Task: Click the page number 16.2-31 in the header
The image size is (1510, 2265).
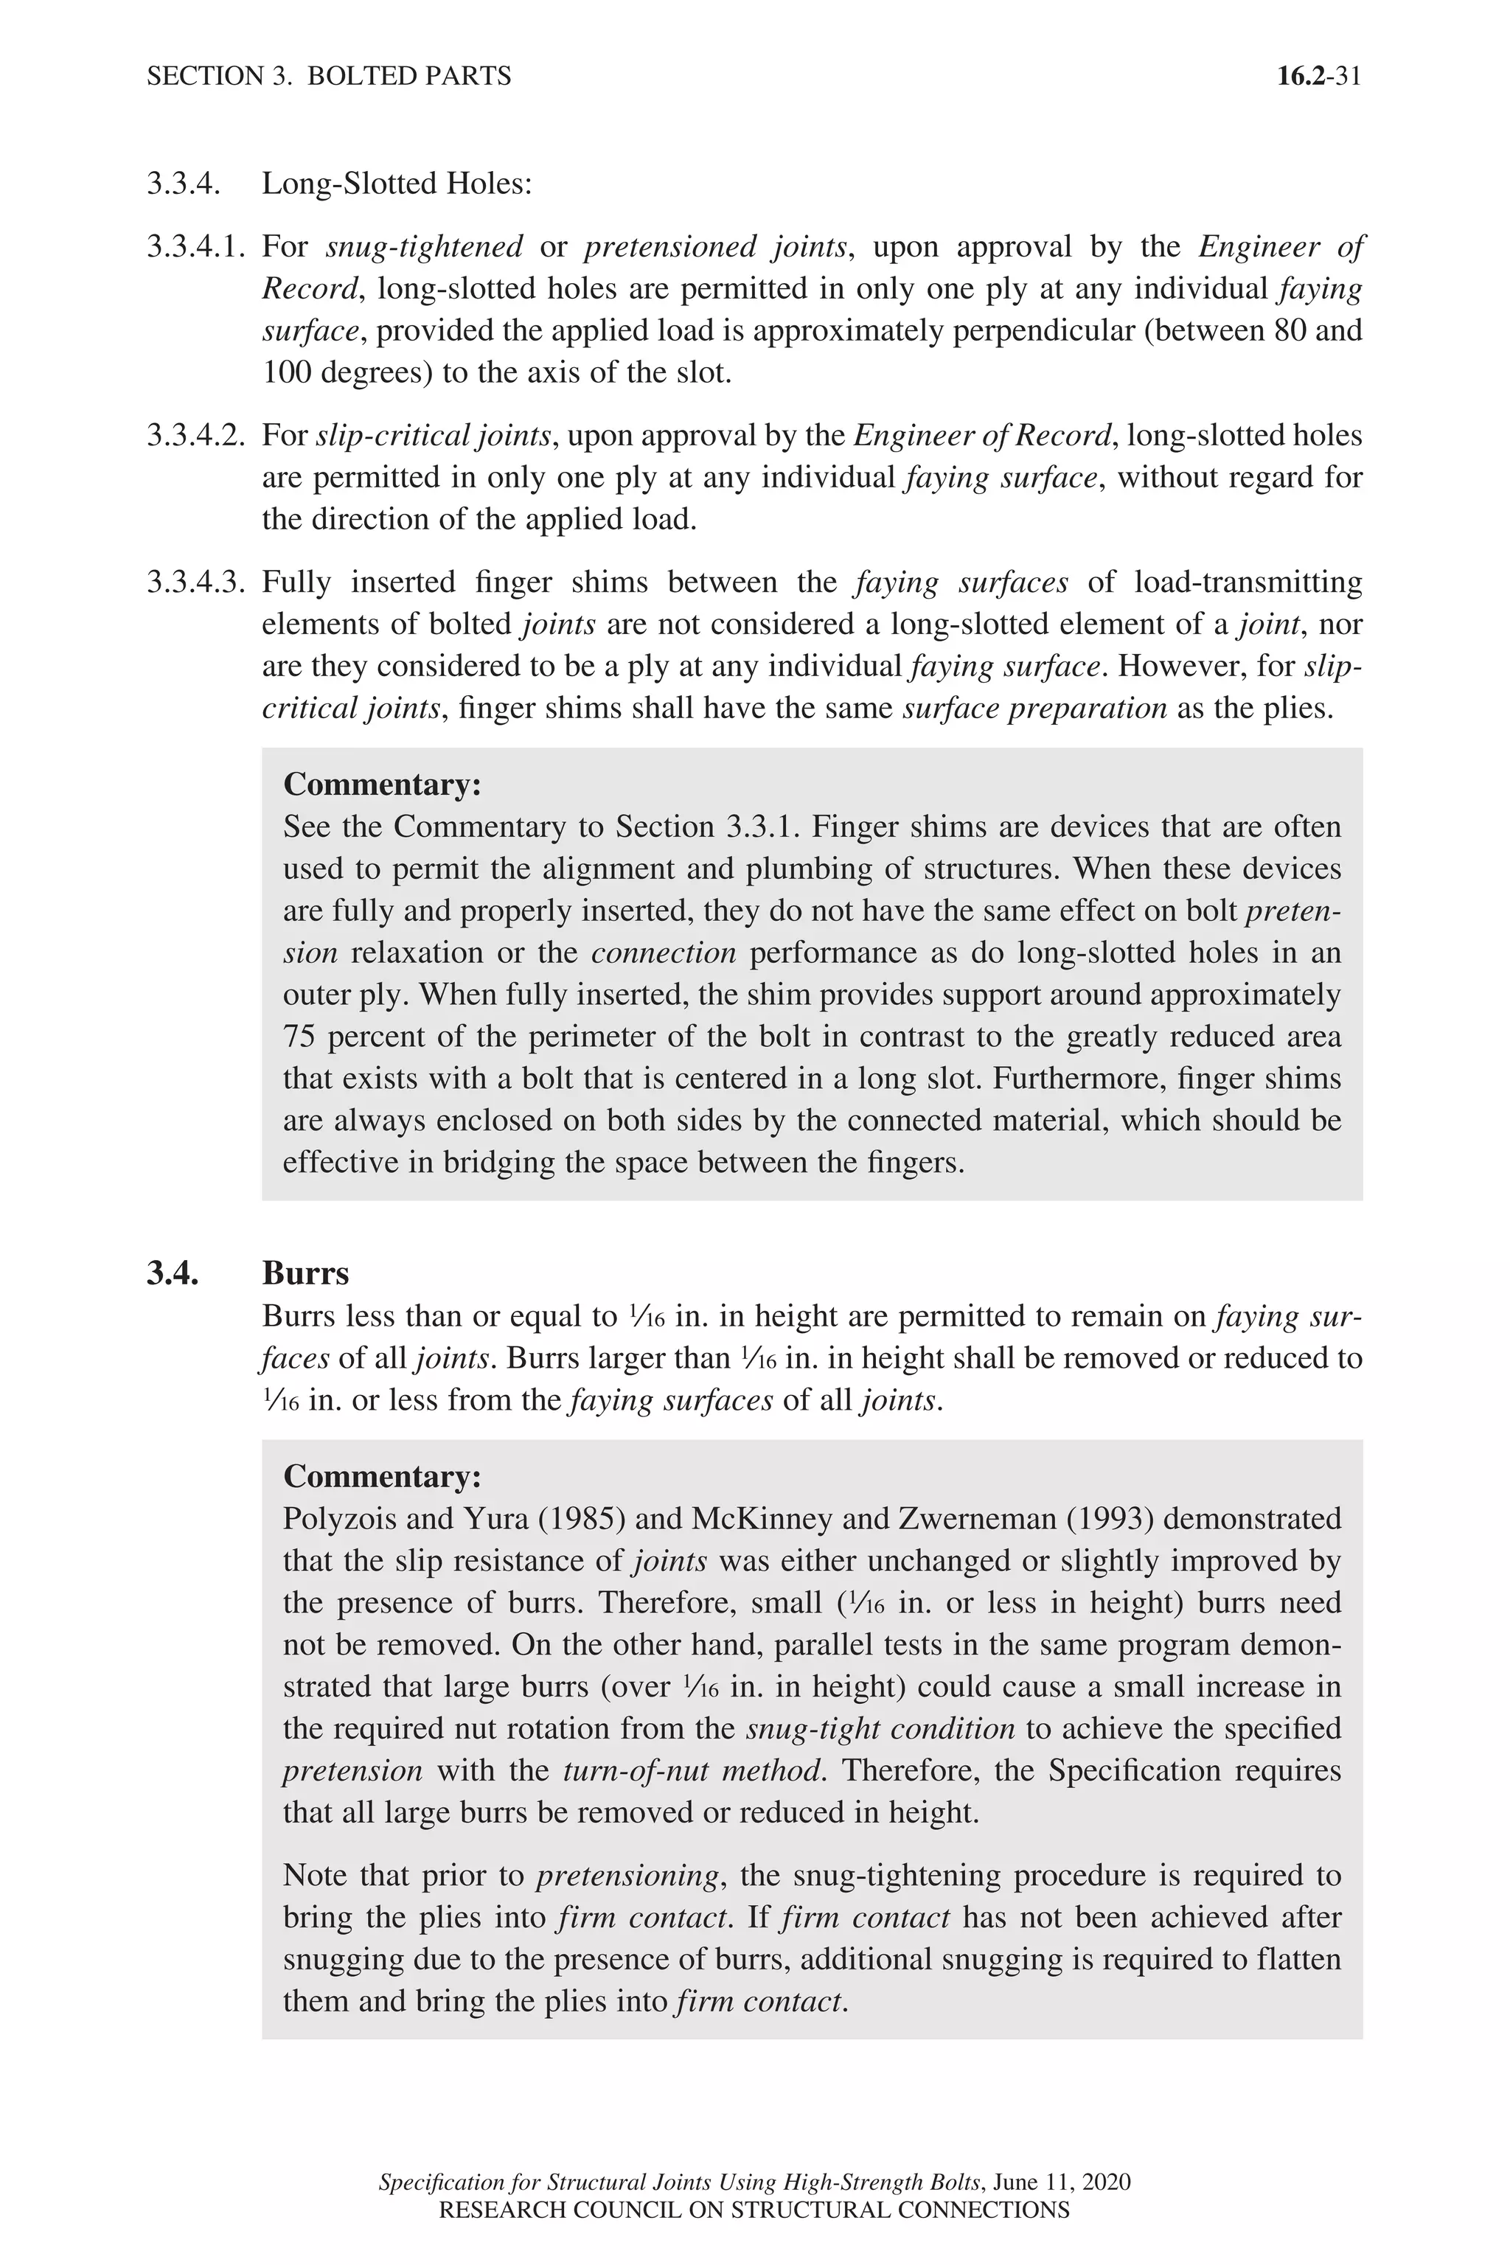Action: pos(1318,76)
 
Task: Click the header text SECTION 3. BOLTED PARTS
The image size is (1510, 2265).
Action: pos(328,76)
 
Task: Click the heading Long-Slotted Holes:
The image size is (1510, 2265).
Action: pos(397,183)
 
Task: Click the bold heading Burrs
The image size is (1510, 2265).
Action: pos(305,1273)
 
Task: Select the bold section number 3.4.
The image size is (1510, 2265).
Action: pos(173,1273)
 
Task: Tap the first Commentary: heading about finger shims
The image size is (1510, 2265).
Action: pos(381,784)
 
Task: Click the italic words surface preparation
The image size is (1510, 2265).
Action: pos(1034,708)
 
